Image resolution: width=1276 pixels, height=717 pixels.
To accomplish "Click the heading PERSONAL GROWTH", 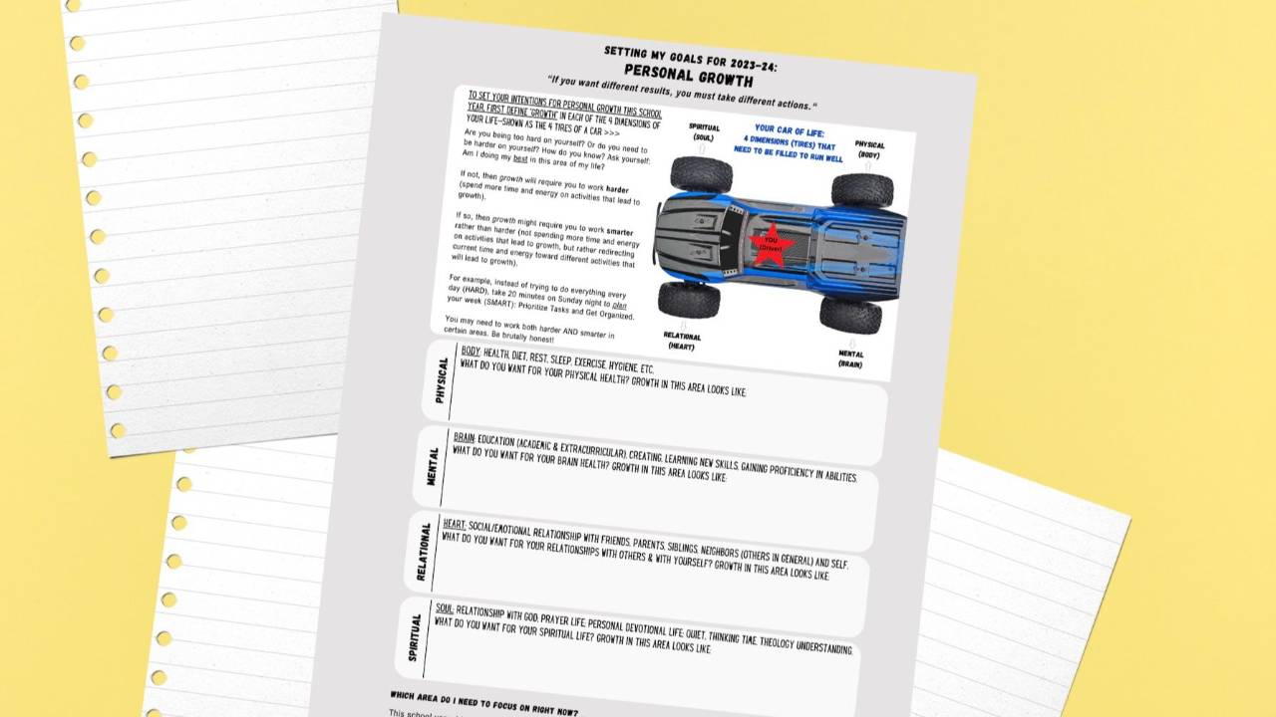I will tap(688, 75).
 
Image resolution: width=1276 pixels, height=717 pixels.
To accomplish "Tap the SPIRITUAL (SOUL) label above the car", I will tap(704, 132).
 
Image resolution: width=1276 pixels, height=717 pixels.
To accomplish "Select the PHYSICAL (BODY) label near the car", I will tap(869, 149).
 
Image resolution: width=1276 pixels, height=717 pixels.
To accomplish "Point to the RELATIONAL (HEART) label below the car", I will tap(682, 341).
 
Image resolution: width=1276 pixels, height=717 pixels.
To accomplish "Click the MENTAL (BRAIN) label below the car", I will tap(850, 358).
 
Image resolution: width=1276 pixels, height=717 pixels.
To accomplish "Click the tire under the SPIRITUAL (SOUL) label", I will tap(701, 174).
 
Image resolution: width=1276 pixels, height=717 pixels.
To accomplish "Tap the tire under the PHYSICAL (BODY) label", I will tap(862, 190).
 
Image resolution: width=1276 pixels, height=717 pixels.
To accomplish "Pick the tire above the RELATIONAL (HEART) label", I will tap(688, 299).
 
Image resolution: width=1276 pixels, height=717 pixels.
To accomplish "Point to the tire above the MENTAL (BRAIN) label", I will tap(850, 315).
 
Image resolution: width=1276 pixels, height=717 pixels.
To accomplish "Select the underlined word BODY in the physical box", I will tap(471, 352).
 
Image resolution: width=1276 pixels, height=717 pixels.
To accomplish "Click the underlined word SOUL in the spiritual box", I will tap(445, 608).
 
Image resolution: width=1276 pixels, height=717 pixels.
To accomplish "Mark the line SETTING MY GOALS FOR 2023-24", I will tap(690, 57).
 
